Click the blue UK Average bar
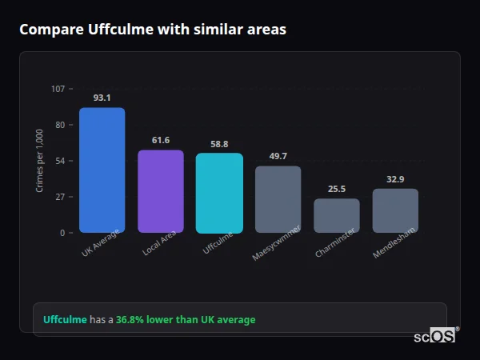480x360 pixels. point(102,170)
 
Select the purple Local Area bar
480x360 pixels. point(160,191)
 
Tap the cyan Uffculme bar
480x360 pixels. point(219,193)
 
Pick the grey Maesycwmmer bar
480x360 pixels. point(278,199)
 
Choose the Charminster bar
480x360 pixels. point(337,216)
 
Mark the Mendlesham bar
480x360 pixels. point(395,210)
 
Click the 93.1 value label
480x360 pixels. point(102,98)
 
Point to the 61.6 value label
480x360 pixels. point(160,140)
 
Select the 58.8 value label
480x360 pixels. point(219,144)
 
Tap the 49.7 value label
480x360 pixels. point(278,156)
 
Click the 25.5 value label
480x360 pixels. point(337,189)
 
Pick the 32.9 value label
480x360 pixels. point(395,179)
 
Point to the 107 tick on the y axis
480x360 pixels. point(58,89)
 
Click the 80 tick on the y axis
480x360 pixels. point(60,125)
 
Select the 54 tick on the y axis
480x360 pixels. point(60,161)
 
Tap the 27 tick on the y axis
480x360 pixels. point(60,197)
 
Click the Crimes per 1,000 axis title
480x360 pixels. point(40,161)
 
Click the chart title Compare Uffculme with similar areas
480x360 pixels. point(152,30)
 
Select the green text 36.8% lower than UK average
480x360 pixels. point(186,320)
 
